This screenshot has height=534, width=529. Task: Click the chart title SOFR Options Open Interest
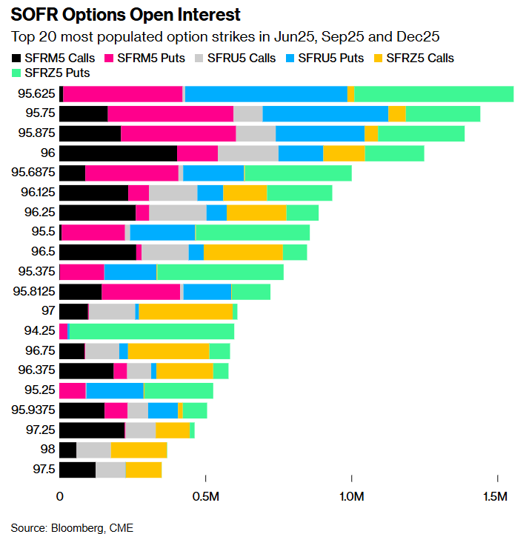125,15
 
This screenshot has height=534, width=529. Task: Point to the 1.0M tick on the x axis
350,495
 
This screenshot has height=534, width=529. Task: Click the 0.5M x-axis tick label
205,495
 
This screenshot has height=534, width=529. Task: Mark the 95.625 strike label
37,93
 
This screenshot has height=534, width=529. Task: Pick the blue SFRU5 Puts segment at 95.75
325,113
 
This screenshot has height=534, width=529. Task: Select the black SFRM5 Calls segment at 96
118,153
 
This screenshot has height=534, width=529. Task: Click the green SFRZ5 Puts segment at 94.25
151,331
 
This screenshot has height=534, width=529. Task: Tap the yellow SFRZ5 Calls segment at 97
185,311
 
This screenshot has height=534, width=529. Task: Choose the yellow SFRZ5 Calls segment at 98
139,450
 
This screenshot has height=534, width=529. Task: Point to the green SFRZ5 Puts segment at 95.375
220,272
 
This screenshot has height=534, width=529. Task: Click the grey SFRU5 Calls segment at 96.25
178,213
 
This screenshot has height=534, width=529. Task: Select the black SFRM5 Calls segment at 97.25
92,430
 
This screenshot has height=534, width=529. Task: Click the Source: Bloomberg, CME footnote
72,527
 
